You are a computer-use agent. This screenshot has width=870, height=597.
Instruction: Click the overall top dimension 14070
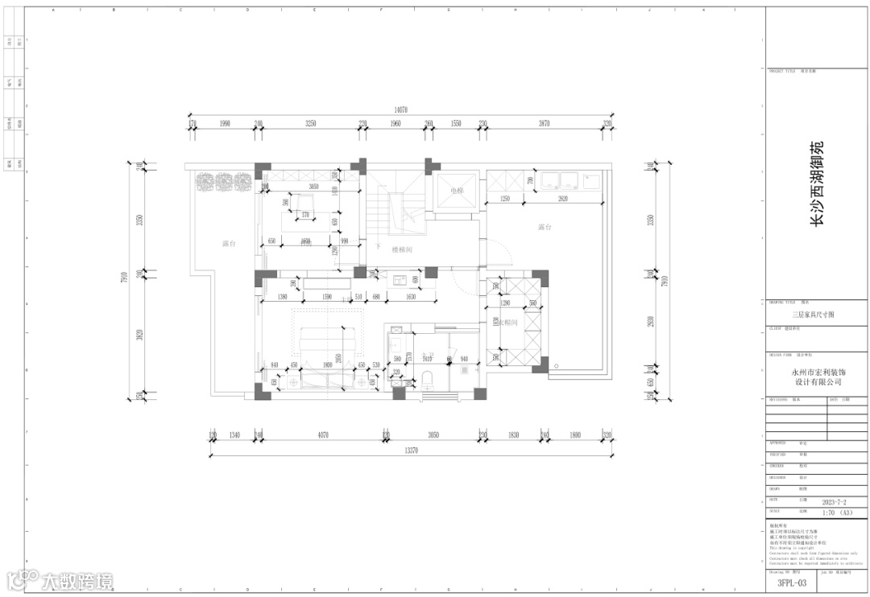point(400,109)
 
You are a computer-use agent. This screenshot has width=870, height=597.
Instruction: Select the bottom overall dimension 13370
point(410,451)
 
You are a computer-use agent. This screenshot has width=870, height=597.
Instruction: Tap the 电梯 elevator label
point(457,191)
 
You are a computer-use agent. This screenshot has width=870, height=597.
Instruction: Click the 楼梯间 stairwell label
point(402,250)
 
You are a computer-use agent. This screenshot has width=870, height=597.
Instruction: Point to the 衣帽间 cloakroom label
point(507,323)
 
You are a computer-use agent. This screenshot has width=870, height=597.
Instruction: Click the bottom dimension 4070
point(322,435)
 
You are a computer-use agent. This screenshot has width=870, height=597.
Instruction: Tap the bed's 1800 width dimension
point(328,364)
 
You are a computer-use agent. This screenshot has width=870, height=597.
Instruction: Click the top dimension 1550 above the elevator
point(456,123)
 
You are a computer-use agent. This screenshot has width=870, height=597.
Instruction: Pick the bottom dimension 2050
point(433,435)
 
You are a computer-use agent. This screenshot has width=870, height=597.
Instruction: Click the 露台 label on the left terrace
point(229,243)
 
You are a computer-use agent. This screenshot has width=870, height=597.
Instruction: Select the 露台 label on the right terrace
point(545,228)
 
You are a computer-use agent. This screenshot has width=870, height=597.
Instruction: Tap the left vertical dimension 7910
point(125,278)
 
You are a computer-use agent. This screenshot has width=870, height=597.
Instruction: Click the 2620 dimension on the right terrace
point(563,198)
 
